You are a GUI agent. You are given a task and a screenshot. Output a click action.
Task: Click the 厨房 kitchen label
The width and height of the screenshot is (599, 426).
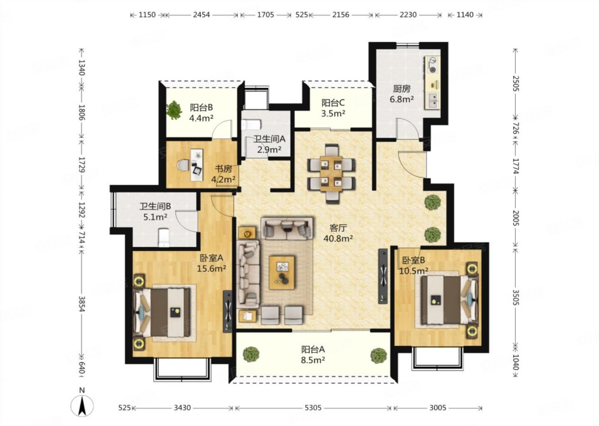[401, 89]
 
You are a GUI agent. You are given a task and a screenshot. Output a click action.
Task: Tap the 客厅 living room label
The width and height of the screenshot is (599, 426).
[338, 228]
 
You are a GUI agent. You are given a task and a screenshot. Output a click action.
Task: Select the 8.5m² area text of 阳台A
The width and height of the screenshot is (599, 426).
[313, 360]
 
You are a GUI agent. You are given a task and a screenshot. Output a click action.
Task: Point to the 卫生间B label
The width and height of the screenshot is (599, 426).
[155, 206]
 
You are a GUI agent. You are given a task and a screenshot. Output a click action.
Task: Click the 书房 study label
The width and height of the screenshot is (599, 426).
[223, 169]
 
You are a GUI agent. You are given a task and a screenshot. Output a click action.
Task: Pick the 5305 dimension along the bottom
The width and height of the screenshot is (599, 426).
[313, 408]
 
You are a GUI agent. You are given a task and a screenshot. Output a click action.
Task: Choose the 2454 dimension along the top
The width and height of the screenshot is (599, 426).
[201, 15]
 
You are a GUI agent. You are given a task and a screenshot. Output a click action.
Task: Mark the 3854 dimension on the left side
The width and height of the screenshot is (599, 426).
[82, 304]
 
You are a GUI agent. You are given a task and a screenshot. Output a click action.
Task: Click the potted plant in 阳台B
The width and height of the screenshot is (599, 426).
[174, 110]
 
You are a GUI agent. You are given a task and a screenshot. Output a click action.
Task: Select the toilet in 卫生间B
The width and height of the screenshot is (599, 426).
[163, 238]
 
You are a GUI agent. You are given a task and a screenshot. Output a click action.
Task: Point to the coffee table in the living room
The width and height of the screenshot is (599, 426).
[282, 272]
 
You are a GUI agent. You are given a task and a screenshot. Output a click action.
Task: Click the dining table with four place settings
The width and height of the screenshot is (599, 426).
[331, 174]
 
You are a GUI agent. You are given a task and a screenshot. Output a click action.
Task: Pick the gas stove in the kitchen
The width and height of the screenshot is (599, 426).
[432, 65]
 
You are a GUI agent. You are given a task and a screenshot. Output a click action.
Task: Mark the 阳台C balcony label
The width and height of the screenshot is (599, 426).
[333, 103]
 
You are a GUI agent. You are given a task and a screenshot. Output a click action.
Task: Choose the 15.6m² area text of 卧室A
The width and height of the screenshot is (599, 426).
[211, 268]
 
